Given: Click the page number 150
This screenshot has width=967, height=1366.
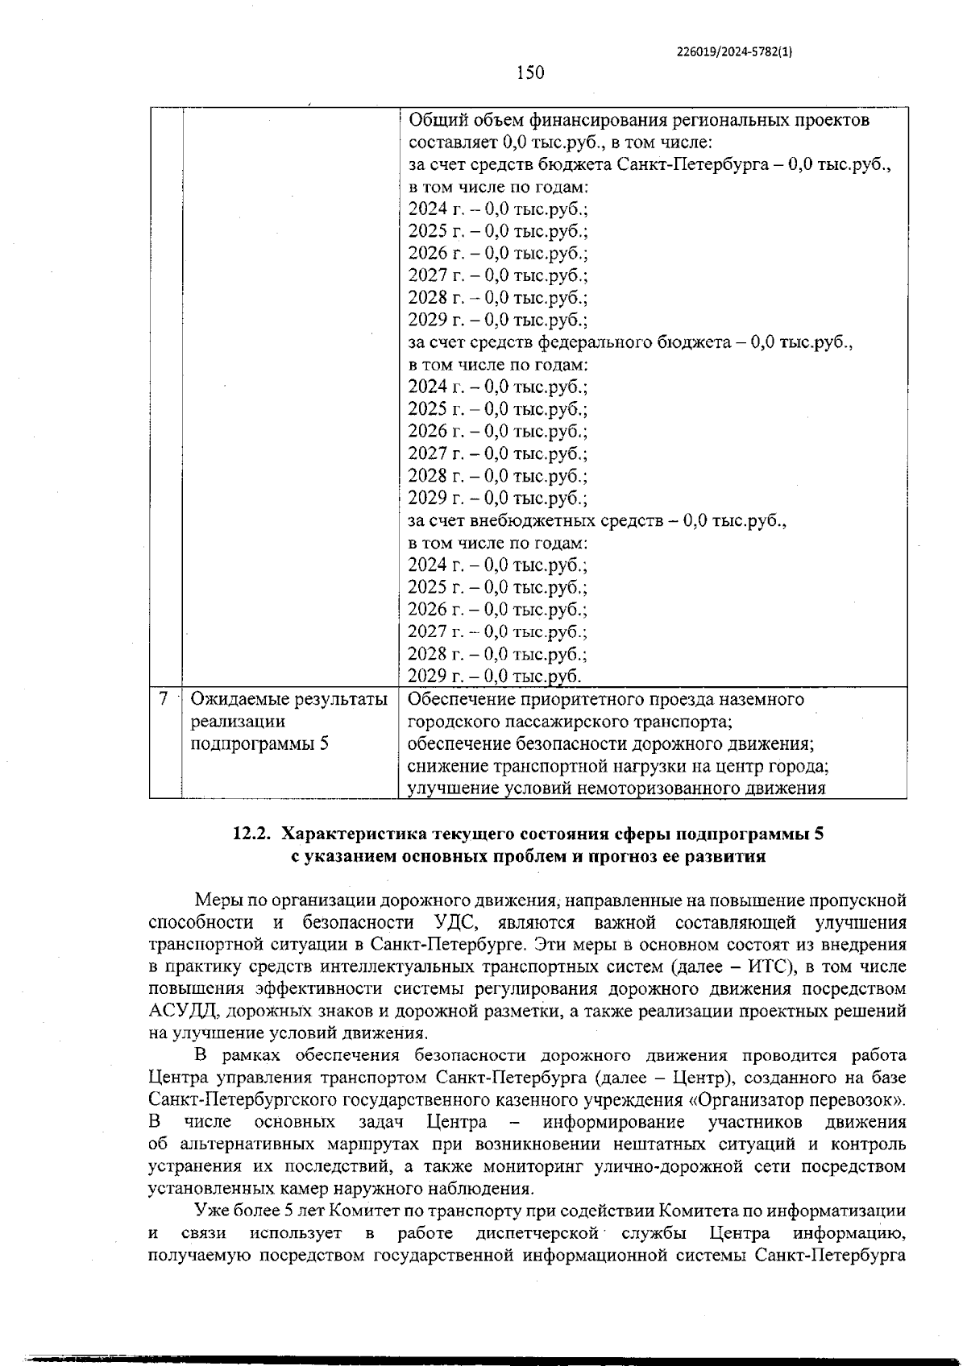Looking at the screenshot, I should click(x=529, y=73).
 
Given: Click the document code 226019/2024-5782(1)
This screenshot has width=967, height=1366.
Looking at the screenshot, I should click(x=734, y=52).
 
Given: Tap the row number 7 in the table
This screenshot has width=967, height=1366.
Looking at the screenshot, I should click(x=164, y=699).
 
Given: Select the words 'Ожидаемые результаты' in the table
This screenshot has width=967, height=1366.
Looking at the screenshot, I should click(x=288, y=699).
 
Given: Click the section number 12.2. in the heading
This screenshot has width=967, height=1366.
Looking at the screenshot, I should click(x=250, y=834).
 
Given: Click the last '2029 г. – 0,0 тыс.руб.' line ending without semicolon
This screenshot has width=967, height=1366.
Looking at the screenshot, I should click(x=494, y=676).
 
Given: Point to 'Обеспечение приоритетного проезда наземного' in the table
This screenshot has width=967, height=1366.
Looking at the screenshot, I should click(x=605, y=699).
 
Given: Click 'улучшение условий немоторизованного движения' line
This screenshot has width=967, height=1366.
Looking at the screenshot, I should click(x=616, y=788).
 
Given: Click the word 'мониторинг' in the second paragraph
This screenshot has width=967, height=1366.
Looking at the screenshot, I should click(x=533, y=1166).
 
